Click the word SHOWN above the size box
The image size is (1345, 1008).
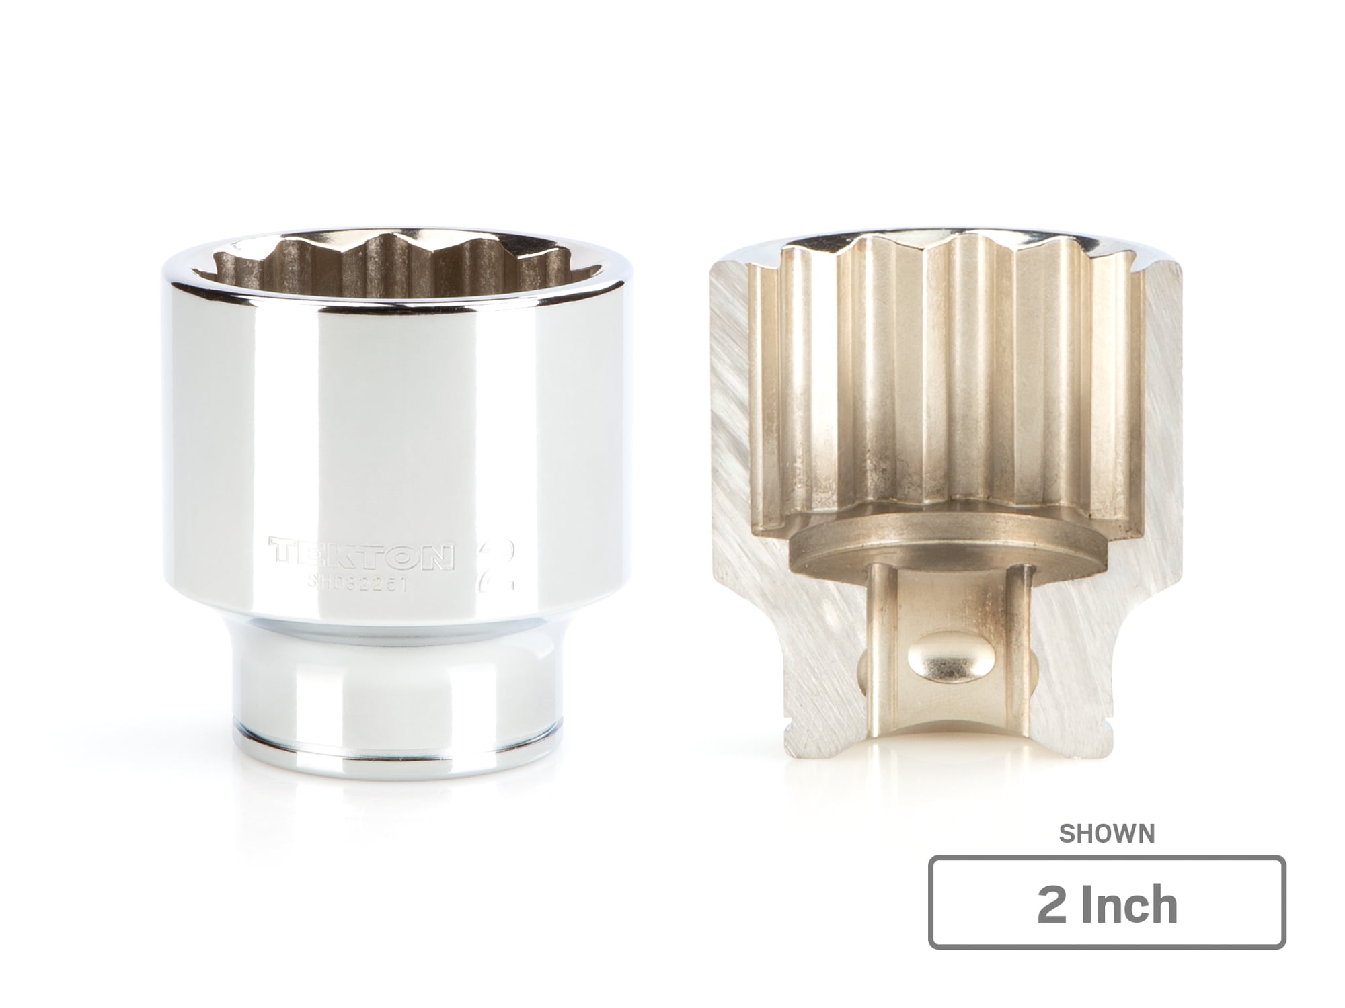tap(1107, 834)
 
